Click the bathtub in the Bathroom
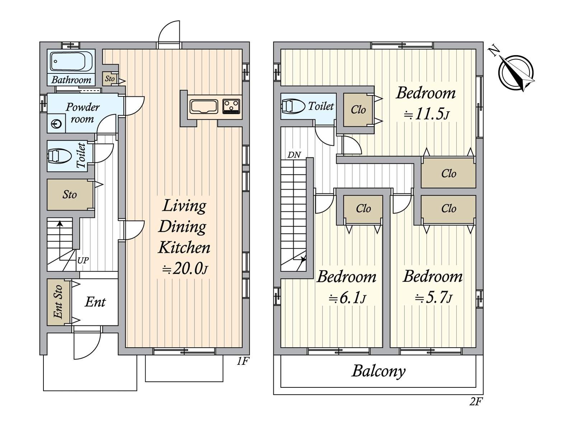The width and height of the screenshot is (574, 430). tap(71, 61)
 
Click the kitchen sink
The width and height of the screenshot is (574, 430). tap(204, 106)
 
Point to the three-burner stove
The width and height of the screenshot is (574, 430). tap(231, 106)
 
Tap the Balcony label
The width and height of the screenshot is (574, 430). tap(378, 371)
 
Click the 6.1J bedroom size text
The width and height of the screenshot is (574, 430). tap(347, 298)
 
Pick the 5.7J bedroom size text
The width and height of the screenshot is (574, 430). tap(433, 297)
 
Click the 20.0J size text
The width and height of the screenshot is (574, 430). tap(184, 268)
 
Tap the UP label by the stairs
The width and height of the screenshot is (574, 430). tap(83, 261)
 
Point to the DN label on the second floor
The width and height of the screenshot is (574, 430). tap(294, 155)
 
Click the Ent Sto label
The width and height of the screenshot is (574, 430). tap(58, 302)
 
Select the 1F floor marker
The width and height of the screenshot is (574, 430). tap(243, 361)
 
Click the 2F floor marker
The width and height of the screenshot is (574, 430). tap(476, 402)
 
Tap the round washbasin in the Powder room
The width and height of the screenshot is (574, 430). tap(56, 124)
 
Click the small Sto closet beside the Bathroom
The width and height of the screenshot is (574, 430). tap(110, 78)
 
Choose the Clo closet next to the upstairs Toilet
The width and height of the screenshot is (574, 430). tap(358, 110)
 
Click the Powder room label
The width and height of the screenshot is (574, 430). tap(83, 113)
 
